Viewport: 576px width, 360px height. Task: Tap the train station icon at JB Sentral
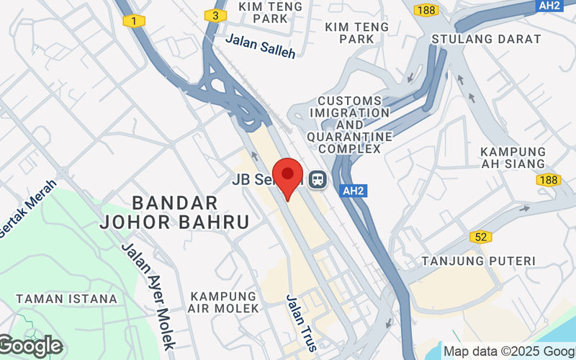click(x=317, y=179)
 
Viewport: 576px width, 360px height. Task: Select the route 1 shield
click(x=133, y=21)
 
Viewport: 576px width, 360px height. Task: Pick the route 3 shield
click(x=215, y=14)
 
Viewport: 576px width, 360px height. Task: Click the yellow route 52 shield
click(x=480, y=237)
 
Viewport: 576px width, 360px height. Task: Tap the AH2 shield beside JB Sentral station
click(x=352, y=192)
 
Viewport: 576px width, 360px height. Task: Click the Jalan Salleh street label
click(x=260, y=46)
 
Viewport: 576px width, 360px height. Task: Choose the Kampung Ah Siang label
click(x=513, y=158)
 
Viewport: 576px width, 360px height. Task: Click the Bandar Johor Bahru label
click(x=174, y=212)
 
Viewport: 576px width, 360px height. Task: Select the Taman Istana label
click(x=66, y=298)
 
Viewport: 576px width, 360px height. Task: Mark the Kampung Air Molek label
click(x=224, y=302)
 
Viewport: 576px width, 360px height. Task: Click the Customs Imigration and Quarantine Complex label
click(x=350, y=125)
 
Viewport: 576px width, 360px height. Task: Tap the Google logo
click(x=30, y=346)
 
